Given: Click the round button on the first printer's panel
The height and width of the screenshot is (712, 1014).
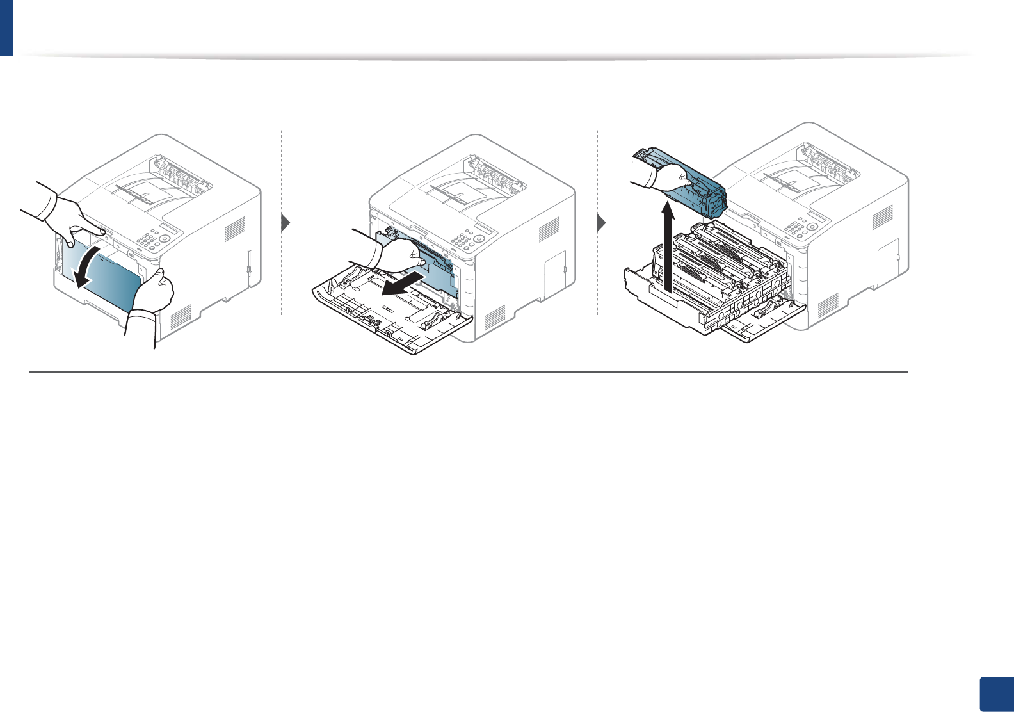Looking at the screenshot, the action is tap(165, 238).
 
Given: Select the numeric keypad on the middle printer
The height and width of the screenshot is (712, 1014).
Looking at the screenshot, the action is tap(460, 241).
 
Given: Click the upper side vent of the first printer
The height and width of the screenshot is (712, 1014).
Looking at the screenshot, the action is tap(234, 229).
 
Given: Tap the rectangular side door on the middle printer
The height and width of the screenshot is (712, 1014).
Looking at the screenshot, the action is tap(554, 270).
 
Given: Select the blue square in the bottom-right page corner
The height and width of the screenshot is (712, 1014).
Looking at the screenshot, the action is tap(996, 694).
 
